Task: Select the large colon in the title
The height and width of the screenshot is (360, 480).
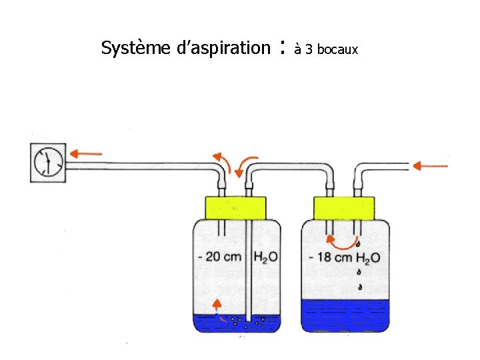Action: [283, 47]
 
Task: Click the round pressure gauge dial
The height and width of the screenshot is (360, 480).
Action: [48, 162]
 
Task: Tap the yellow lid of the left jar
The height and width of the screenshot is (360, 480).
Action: [235, 207]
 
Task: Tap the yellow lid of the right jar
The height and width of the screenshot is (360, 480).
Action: [345, 207]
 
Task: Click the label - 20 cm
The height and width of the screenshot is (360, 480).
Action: [219, 257]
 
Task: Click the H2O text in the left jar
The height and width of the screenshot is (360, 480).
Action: [266, 257]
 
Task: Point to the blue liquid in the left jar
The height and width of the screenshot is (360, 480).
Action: [207, 324]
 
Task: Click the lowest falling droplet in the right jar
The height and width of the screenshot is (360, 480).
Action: [359, 288]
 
